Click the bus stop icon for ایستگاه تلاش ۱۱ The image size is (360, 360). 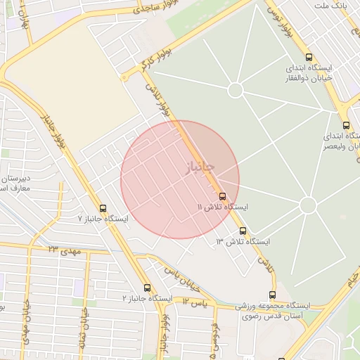pyautogui.click(x=223, y=196)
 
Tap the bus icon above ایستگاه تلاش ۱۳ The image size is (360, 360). pyautogui.click(x=243, y=231)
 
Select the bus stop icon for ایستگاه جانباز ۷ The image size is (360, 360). pyautogui.click(x=103, y=208)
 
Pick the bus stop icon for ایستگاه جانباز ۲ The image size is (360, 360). pyautogui.click(x=147, y=288)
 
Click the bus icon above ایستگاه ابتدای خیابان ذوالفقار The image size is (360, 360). pyautogui.click(x=309, y=57)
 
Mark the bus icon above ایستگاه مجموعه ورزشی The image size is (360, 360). pyautogui.click(x=272, y=295)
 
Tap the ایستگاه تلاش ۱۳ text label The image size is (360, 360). pyautogui.click(x=243, y=242)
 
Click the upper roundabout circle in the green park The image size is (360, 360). pyautogui.click(x=236, y=90)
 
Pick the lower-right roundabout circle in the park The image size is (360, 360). pyautogui.click(x=307, y=205)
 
